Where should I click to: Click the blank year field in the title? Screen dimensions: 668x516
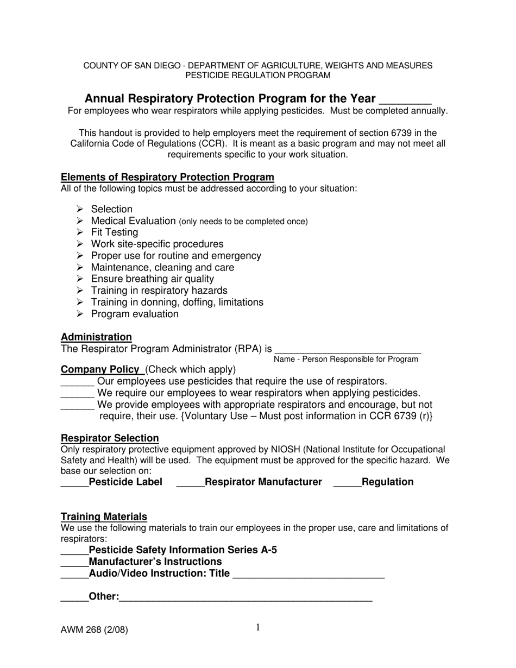click(x=405, y=100)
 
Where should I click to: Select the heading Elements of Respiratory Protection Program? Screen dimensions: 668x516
click(x=167, y=178)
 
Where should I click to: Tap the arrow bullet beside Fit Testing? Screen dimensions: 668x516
click(x=80, y=232)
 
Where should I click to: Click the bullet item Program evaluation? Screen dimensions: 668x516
click(x=134, y=314)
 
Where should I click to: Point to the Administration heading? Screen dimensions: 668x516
click(x=96, y=337)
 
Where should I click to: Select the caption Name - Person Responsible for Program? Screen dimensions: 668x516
click(x=346, y=360)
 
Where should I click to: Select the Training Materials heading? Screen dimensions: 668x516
click(x=104, y=517)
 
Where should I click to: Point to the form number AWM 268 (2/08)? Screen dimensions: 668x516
click(x=95, y=631)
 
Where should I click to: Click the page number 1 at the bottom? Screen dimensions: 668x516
click(x=258, y=628)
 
